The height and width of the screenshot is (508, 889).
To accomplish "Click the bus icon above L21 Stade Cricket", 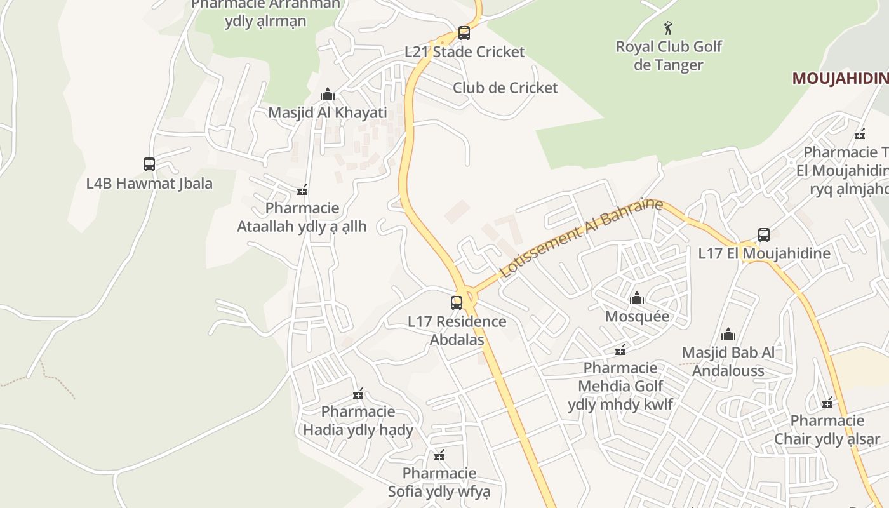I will click(464, 33).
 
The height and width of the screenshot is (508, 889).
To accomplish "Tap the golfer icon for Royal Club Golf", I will click(667, 28).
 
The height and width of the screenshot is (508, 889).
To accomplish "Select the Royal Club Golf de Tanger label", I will click(669, 56).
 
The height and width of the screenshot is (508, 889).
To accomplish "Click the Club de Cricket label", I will click(505, 88).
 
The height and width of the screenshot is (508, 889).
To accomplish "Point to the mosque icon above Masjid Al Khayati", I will click(328, 95).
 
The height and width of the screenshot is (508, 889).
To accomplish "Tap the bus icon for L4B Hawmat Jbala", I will click(149, 164).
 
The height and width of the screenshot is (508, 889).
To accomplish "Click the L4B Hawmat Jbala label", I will click(149, 184).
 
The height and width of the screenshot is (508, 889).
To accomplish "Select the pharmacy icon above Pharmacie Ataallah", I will click(302, 190).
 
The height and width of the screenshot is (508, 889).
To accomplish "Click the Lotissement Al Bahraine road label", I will click(580, 238).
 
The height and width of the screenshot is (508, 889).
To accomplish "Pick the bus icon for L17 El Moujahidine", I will click(764, 234).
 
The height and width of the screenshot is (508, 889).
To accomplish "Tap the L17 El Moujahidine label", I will click(764, 254).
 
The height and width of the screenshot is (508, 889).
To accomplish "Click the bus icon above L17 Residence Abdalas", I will click(457, 303).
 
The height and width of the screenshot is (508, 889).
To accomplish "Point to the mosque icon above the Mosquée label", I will click(637, 298).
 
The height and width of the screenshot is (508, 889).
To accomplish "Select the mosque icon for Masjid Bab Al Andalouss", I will click(728, 334).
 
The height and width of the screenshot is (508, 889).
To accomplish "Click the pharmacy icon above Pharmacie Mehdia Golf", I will click(620, 350).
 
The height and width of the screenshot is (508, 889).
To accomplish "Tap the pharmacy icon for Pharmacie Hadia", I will click(358, 394).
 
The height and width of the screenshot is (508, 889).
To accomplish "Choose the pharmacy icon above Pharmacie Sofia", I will click(439, 455).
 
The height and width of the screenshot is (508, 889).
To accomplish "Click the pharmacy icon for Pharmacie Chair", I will click(827, 403).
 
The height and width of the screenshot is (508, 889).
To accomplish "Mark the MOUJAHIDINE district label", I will click(839, 79).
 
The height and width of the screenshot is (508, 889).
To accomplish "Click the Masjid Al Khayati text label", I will click(328, 113).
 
